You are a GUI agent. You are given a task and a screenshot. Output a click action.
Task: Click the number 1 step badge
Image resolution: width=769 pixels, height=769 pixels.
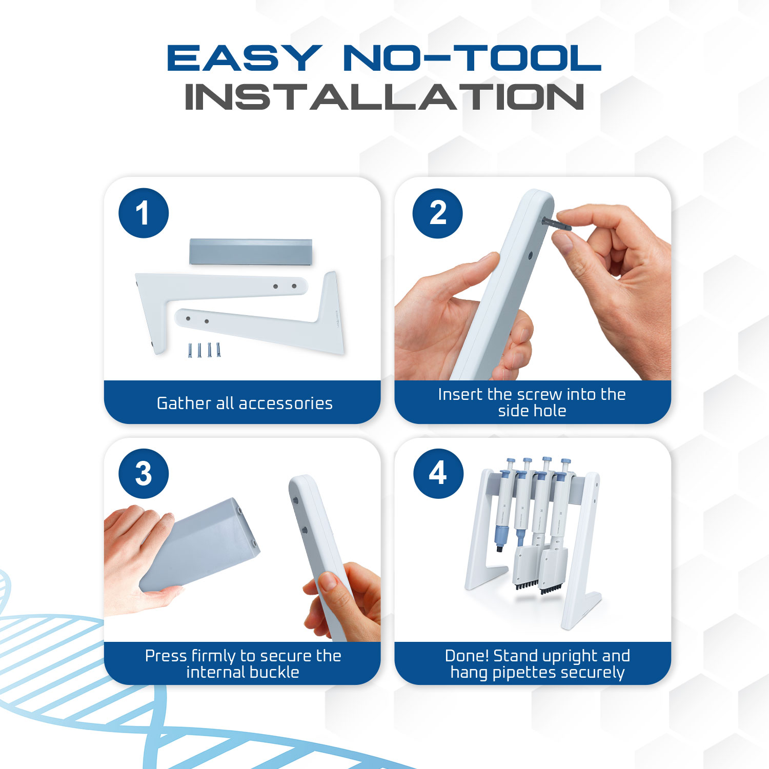(x=144, y=213)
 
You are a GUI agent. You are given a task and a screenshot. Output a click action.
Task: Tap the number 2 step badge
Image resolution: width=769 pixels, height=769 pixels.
(x=438, y=213)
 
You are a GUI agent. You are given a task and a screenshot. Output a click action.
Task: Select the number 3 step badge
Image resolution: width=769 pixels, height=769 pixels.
(x=144, y=474)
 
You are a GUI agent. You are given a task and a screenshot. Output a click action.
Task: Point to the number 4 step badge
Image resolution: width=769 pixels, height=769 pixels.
(x=438, y=473)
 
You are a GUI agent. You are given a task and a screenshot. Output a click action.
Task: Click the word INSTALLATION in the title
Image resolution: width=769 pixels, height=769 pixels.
(x=385, y=97)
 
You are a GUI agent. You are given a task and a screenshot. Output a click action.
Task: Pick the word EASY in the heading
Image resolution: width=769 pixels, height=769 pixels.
(x=245, y=57)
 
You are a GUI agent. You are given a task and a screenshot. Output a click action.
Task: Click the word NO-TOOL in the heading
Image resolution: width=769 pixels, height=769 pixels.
(x=472, y=57)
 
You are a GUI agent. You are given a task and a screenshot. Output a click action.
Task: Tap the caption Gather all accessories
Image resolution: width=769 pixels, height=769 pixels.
(x=245, y=403)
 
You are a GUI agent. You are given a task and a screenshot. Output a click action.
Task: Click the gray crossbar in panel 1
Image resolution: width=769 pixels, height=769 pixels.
(x=251, y=252)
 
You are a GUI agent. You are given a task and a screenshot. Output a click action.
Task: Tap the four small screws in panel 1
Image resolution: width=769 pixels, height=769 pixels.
(x=205, y=350)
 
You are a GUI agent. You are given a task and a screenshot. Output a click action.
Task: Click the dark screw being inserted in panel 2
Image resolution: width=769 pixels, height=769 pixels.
(x=556, y=224)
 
